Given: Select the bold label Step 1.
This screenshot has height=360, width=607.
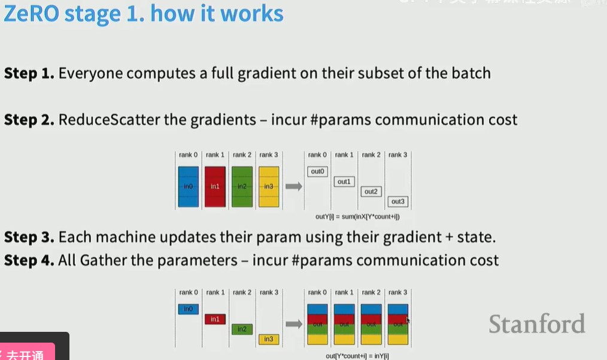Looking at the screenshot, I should tap(29, 74).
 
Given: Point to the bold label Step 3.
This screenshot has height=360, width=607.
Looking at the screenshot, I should tap(29, 237).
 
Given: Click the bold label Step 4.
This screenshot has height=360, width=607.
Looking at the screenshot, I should tap(29, 261).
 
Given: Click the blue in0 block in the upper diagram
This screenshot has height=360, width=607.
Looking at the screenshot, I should tap(188, 186).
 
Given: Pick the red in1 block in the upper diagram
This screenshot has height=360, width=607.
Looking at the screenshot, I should tap(215, 186).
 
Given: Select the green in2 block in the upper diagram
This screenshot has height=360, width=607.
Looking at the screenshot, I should tap(242, 186).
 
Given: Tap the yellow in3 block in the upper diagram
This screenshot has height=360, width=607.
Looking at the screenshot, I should tap(268, 186).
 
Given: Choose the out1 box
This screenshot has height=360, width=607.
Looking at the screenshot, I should tap(344, 181).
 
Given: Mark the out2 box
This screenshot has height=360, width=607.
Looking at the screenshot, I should tap(371, 192).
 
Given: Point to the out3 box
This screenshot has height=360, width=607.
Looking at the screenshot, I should tap(397, 201).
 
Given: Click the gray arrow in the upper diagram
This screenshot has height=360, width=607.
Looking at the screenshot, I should tap(293, 186).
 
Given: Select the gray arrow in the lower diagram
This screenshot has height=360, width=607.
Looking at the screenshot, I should tap(293, 324).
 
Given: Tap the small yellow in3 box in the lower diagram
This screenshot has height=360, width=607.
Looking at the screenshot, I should tap(268, 339).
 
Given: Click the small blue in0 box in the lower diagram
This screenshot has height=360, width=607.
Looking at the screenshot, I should tap(188, 309).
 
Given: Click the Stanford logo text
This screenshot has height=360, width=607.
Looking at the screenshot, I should tap(536, 324).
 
